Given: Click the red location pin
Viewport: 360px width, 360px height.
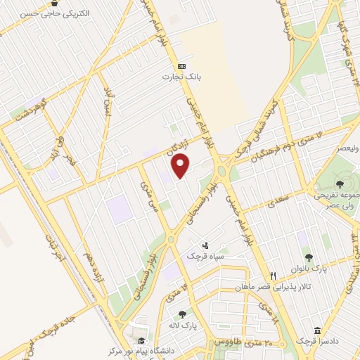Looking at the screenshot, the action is [181, 166].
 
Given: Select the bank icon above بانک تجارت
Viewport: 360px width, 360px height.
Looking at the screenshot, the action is [181, 65].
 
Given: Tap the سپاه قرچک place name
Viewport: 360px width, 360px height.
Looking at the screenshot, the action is [205, 257].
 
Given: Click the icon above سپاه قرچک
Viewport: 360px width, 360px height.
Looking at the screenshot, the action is [205, 245].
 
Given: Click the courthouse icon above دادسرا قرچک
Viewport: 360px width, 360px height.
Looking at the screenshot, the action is [317, 330].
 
